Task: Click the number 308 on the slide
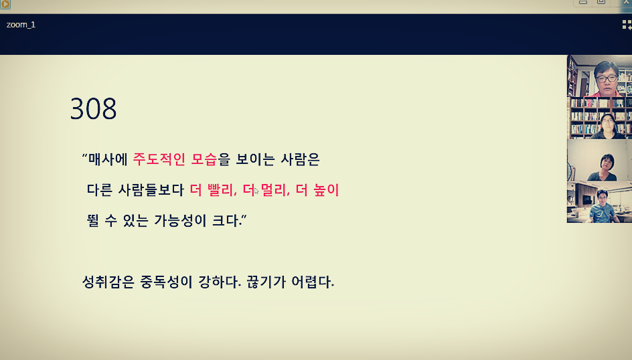[x=93, y=109]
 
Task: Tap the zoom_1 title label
[x=21, y=25]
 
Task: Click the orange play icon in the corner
[x=5, y=4]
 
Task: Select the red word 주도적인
[x=159, y=159]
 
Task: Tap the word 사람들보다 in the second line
[x=151, y=190]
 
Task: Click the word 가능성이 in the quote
[x=177, y=220]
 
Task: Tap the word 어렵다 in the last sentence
[x=314, y=282]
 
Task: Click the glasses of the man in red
[x=607, y=78]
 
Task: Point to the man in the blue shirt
[x=603, y=205]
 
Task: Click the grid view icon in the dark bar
[x=626, y=25]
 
